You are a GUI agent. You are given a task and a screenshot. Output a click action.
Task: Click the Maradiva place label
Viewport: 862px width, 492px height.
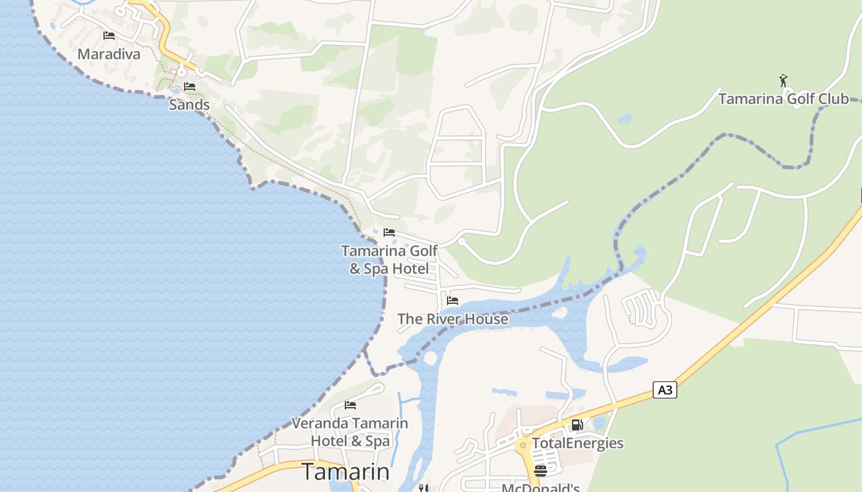pos(109,54)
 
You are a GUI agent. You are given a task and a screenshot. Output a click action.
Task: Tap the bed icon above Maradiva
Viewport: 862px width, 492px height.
pos(109,35)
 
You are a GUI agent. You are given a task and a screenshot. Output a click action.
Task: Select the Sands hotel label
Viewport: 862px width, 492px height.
pos(189,105)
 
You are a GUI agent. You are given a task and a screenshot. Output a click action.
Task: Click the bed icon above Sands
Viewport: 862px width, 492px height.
pos(190,86)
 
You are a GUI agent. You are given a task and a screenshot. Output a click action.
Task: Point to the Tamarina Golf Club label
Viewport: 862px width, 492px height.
pos(783,99)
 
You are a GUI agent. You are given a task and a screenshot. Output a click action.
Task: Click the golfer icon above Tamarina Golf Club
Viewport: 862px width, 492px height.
pos(783,81)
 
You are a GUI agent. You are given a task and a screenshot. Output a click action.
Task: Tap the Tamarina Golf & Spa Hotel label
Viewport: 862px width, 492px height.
pos(389,260)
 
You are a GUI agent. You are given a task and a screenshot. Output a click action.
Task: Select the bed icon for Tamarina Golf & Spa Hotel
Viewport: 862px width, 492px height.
pos(389,232)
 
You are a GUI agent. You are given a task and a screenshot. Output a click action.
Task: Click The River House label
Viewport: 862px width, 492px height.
pos(453,319)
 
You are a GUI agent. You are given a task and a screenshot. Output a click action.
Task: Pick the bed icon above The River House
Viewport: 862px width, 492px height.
pos(453,301)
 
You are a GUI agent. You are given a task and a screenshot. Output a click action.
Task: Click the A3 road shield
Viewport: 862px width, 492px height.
pos(664,390)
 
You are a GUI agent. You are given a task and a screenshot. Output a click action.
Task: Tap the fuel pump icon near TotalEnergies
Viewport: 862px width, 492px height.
pos(577,425)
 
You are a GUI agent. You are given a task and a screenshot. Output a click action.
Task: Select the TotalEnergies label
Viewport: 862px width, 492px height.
pos(578,443)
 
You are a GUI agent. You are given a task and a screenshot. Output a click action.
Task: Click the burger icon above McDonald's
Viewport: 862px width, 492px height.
pos(541,471)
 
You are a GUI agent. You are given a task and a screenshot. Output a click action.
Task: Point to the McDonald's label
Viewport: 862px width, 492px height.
pos(541,488)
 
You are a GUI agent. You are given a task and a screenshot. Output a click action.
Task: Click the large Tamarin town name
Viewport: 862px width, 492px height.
pos(345,472)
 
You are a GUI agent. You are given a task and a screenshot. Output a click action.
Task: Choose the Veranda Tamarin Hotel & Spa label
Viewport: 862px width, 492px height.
pos(350,432)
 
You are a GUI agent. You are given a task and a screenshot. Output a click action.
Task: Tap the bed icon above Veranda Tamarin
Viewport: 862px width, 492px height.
pos(350,405)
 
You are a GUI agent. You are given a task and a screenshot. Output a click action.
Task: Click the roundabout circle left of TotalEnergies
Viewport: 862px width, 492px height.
pos(523,445)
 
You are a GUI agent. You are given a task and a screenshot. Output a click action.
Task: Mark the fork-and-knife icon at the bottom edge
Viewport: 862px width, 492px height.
pos(423,488)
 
